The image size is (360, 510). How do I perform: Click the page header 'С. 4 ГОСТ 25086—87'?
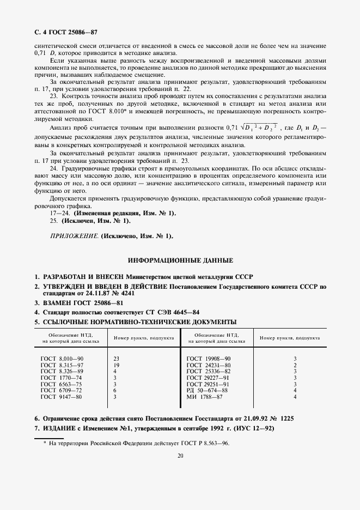click(x=66, y=33)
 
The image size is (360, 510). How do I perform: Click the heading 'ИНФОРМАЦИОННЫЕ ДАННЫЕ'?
click(x=180, y=260)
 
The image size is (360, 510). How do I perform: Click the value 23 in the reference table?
click(x=116, y=358)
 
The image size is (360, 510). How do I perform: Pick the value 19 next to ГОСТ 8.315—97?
click(x=116, y=365)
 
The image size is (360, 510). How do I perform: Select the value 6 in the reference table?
click(x=115, y=390)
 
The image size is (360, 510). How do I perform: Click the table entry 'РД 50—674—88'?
click(x=207, y=390)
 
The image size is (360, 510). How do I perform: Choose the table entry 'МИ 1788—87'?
click(x=205, y=397)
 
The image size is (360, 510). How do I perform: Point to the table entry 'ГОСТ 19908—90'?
click(x=209, y=358)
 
